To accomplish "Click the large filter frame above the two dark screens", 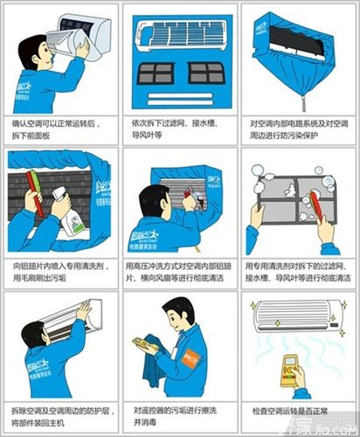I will pyautogui.click(x=179, y=35).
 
